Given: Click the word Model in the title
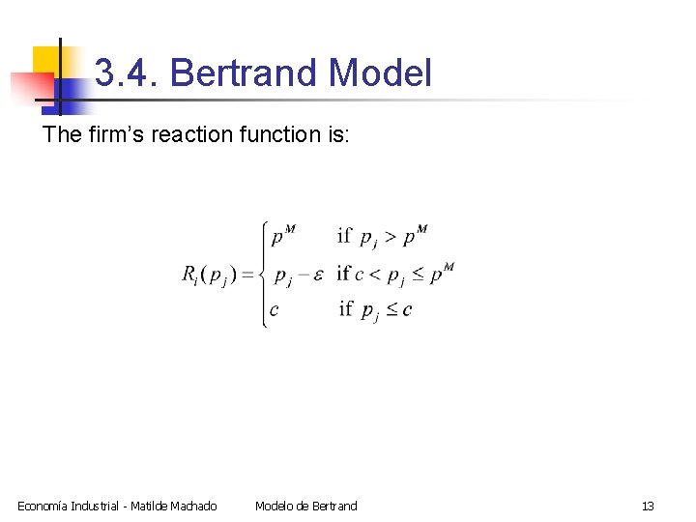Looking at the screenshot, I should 380,73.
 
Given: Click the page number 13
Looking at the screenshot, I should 648,506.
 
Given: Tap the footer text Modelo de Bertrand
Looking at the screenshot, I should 305,506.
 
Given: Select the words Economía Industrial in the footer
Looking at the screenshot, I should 69,506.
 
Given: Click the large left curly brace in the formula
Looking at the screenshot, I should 263,275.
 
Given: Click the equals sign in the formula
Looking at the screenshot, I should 247,275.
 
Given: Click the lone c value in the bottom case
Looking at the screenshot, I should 275,310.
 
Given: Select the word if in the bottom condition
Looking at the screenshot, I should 345,309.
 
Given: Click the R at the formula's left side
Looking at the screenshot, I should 189,274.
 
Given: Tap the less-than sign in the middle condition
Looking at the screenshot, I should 375,275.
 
